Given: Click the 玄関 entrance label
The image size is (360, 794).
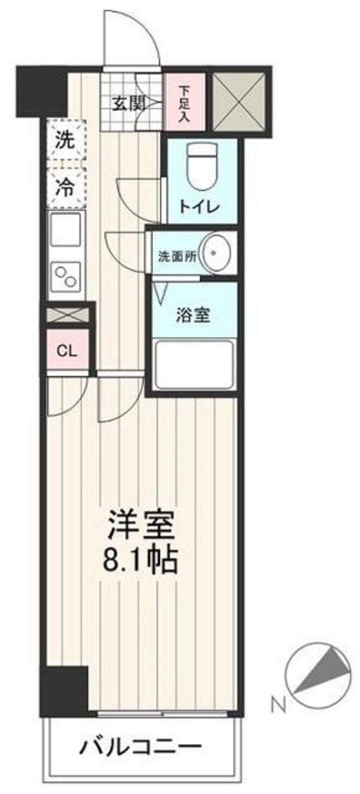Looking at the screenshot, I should click(128, 103).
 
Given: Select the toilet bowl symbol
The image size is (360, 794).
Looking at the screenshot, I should click(200, 168).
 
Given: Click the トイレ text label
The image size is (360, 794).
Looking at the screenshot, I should click(200, 207).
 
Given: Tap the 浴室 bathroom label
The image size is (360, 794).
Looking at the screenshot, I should click(193, 315).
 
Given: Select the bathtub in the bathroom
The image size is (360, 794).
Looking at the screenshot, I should click(194, 365).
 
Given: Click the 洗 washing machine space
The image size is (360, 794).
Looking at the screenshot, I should click(66, 141).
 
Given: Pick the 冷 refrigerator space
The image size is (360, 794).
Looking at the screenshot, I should click(66, 188).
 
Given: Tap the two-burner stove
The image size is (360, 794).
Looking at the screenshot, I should click(66, 276).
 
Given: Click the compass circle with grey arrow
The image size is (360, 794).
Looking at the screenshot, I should click(318, 672).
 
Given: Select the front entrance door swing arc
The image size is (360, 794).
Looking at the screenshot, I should click(132, 36).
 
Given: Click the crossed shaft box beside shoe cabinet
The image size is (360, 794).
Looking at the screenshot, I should click(239, 100).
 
